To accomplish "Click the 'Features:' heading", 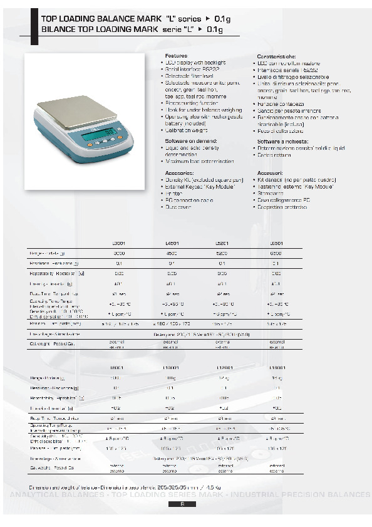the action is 175,56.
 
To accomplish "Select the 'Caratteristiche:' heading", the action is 274,56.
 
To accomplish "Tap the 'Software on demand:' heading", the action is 187,142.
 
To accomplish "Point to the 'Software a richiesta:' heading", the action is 279,142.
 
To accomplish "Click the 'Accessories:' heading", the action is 179,172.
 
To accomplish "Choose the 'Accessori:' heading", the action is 270,172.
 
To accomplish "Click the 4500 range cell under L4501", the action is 172,253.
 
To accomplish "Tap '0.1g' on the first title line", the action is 222,19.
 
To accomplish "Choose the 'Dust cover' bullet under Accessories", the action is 178,207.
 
